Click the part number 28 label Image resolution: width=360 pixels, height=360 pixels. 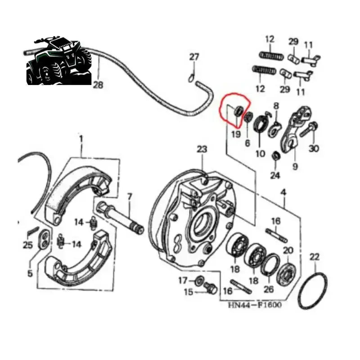pos(98,85)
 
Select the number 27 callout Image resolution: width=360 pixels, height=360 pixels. pos(193,57)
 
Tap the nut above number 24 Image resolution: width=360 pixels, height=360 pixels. pos(275,155)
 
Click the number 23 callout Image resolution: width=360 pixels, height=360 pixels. pos(202,148)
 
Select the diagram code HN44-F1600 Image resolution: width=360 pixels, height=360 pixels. pos(254,305)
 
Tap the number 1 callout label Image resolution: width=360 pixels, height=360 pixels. pos(81,139)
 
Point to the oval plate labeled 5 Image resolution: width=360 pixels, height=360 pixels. pos(44,238)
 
